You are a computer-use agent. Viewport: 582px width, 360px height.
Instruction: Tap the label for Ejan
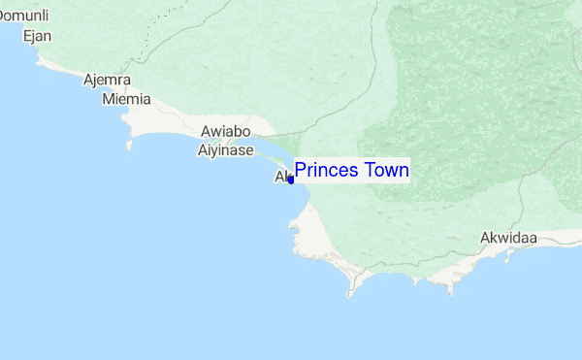[37, 36]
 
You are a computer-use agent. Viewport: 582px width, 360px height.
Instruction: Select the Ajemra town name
[108, 81]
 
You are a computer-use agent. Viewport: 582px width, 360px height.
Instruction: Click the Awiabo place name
[225, 132]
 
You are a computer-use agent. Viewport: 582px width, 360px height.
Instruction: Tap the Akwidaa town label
[508, 237]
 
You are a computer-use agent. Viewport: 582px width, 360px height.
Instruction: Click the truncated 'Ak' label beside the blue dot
[282, 178]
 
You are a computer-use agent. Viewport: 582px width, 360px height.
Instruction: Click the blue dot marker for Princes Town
[291, 180]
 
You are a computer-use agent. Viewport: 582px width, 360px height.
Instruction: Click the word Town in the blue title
[385, 171]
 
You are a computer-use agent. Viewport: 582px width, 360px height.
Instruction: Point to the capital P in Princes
[301, 171]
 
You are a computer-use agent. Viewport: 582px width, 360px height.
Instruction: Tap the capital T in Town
[368, 171]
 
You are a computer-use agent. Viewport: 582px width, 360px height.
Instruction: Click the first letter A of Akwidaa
[485, 237]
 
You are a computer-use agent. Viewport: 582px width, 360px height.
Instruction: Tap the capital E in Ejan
[26, 36]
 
